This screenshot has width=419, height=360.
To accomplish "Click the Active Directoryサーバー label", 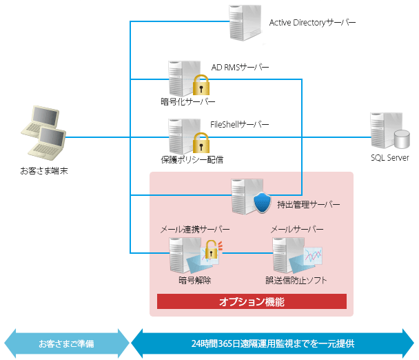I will [312, 23].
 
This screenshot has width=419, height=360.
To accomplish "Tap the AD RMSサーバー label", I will [240, 67].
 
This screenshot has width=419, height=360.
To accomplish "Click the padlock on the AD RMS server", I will [201, 86].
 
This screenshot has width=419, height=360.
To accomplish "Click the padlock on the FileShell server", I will [201, 143].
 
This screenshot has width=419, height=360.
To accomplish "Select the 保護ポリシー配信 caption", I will [187, 159].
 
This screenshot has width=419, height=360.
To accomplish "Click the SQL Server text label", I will [390, 158].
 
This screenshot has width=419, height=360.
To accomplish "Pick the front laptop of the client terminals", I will [51, 143].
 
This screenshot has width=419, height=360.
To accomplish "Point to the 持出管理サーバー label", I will [309, 205].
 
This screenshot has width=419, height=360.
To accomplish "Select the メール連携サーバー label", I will [195, 228].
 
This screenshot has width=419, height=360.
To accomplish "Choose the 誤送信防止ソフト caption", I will [296, 281].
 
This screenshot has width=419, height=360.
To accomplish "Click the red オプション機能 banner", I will [252, 302].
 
